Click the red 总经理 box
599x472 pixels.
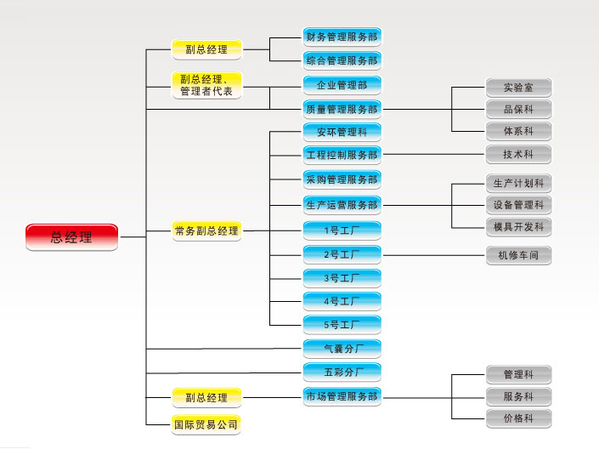[x=71, y=237]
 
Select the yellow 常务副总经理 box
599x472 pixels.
[x=206, y=230]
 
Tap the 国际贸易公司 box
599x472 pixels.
[x=206, y=423]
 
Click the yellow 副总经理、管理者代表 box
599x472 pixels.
[x=206, y=85]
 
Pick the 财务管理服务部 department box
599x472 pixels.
[x=342, y=37]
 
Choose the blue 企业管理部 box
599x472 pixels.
[x=342, y=85]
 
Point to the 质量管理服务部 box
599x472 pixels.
[x=342, y=109]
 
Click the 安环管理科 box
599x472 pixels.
[x=342, y=132]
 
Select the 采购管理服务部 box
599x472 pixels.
[x=342, y=179]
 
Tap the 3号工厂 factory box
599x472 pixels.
[x=342, y=278]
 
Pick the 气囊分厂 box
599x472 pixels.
[x=342, y=348]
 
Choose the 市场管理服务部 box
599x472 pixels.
[x=342, y=396]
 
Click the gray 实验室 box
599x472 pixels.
[x=518, y=87]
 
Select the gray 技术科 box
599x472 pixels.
[x=518, y=155]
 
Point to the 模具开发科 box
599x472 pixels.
[x=518, y=227]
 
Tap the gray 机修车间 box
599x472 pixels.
[x=518, y=254]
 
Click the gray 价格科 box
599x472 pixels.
[x=518, y=418]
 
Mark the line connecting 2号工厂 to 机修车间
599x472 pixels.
[x=433, y=254]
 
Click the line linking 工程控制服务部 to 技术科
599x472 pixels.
[x=433, y=155]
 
